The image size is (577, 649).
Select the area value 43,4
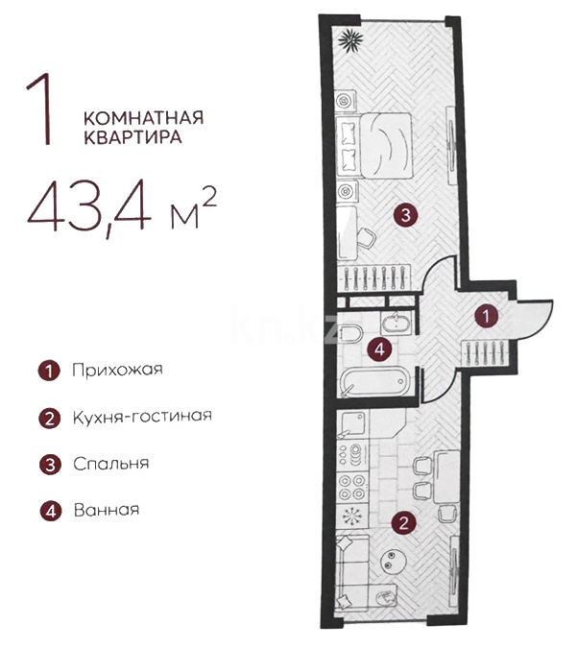click(x=90, y=206)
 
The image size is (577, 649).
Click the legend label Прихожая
click(x=117, y=370)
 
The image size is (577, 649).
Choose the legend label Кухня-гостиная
click(x=141, y=417)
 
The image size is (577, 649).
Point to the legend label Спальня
click(x=110, y=463)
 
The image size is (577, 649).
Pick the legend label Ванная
click(x=107, y=510)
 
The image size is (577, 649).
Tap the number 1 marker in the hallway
click(x=489, y=313)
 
